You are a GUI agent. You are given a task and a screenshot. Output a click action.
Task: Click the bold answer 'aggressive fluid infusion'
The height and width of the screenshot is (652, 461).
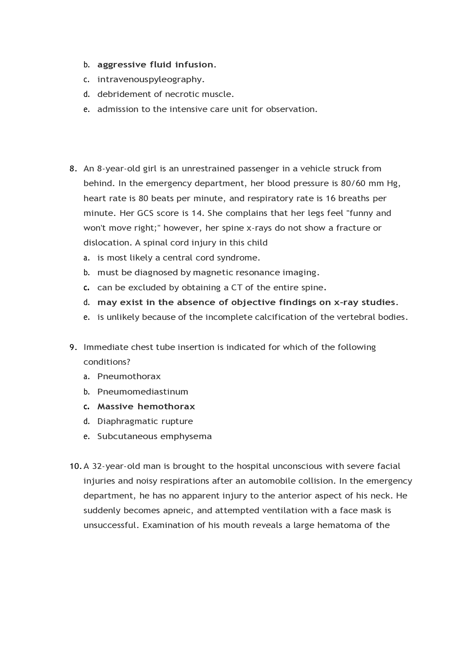click(156, 65)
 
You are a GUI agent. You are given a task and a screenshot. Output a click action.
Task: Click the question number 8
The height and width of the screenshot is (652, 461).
click(73, 169)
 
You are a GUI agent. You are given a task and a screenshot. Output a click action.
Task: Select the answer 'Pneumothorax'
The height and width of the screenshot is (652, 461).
click(129, 377)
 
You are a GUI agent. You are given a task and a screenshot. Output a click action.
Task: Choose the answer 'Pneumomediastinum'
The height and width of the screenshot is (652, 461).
click(143, 392)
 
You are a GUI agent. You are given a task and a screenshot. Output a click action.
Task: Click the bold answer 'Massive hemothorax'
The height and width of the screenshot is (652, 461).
click(146, 407)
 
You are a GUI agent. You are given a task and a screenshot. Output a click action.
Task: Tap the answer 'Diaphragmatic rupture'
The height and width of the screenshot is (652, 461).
click(145, 421)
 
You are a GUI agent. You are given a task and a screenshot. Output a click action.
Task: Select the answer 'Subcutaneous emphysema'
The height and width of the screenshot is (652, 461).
click(154, 436)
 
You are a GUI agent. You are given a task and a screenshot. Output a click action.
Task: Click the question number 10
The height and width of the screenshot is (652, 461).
click(75, 466)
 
